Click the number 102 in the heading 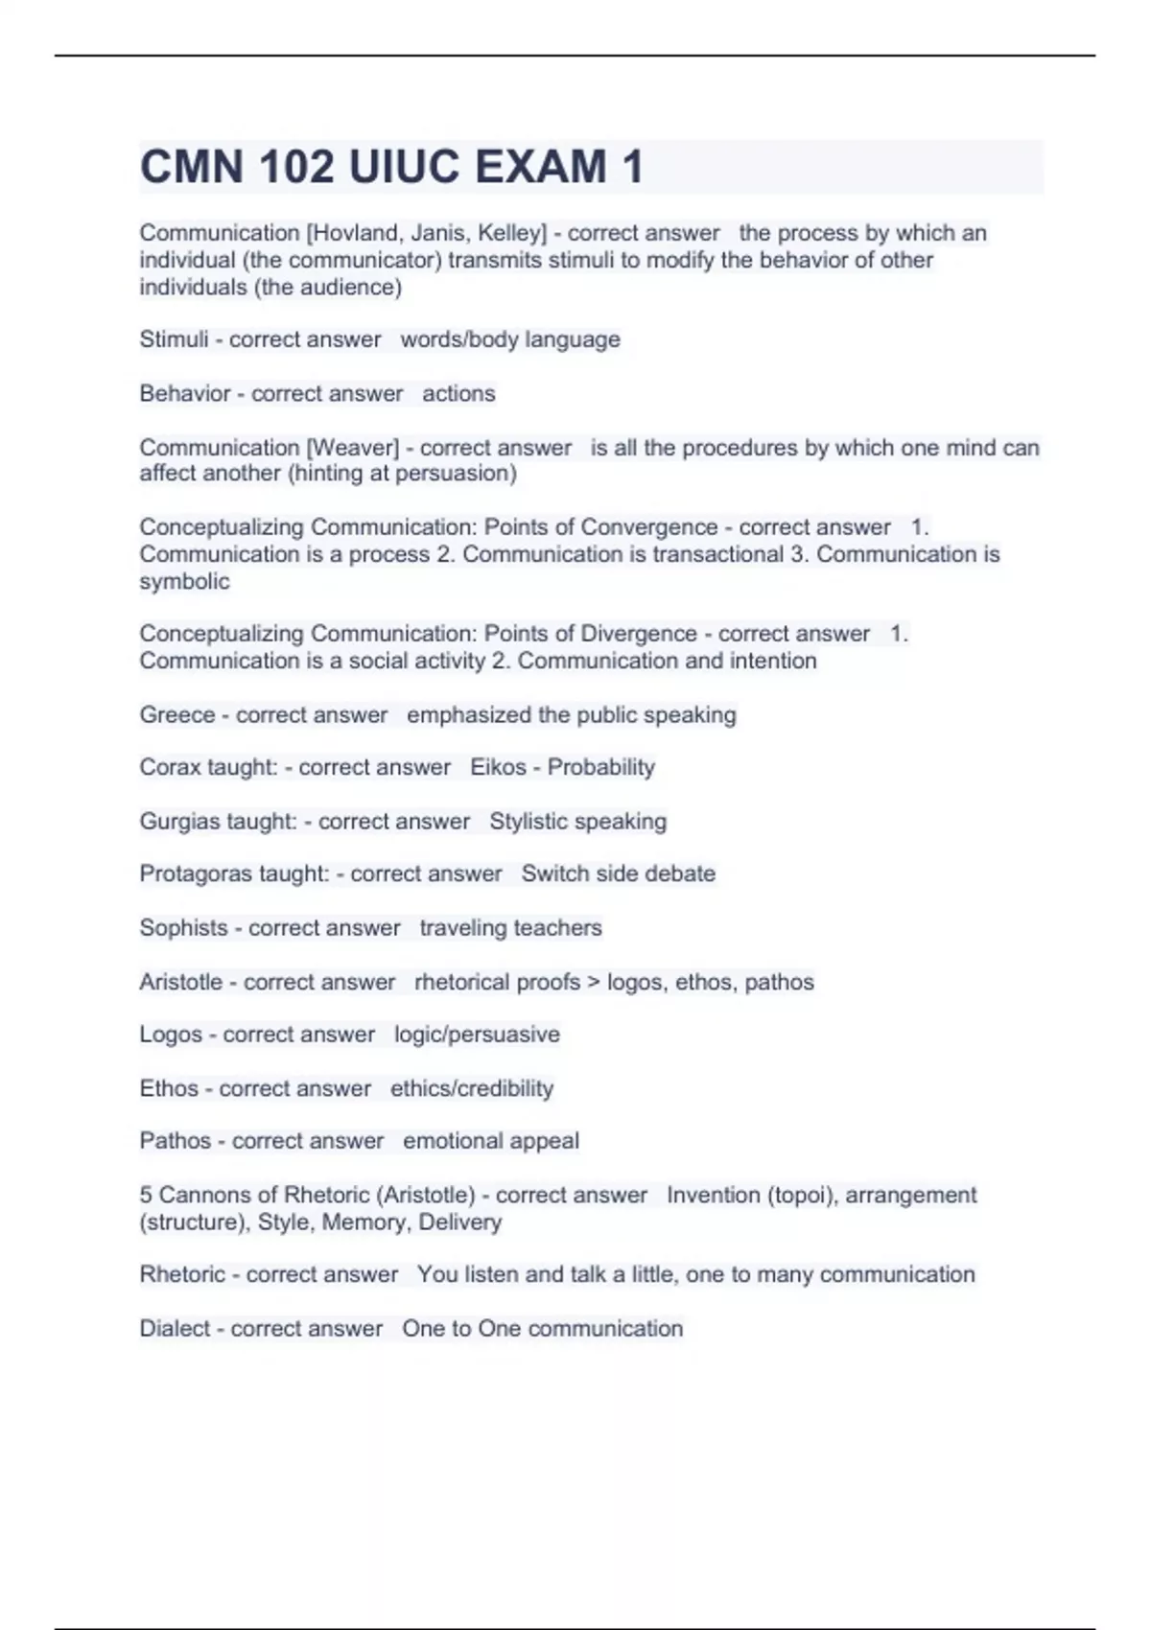point(294,167)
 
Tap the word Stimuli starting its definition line point(174,339)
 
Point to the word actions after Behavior point(458,393)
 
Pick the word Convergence point(648,527)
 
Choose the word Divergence point(638,634)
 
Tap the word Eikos point(498,767)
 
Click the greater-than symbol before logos point(594,982)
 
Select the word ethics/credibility point(472,1088)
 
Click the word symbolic point(184,581)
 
